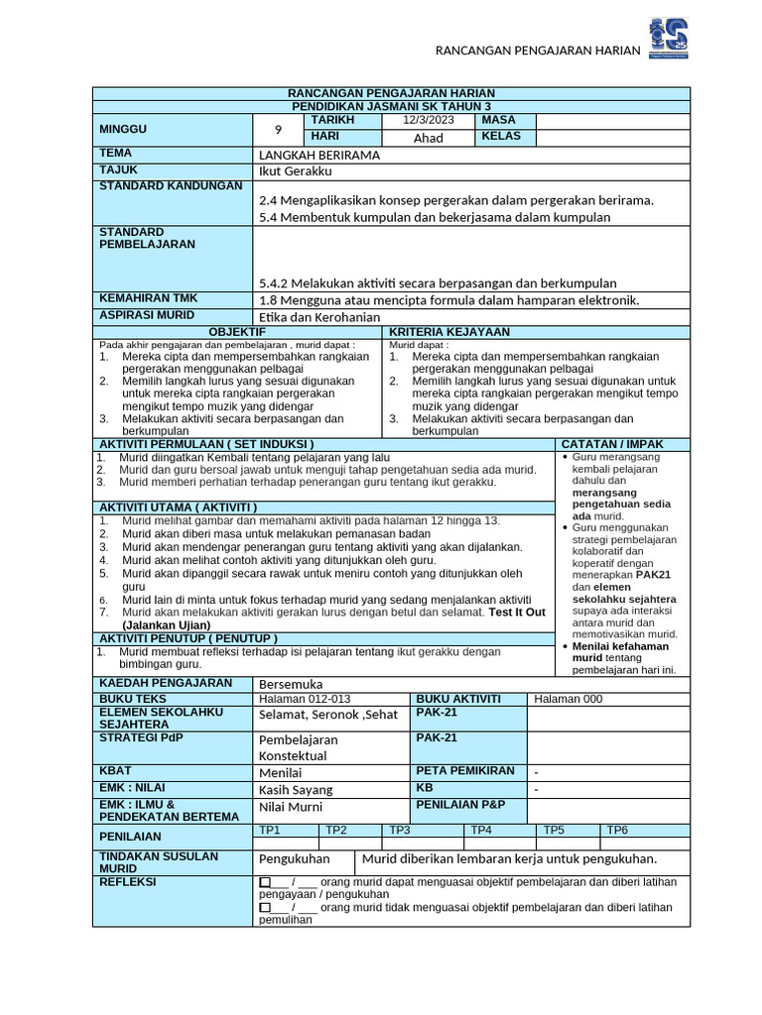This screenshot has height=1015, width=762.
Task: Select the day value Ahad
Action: pos(429,138)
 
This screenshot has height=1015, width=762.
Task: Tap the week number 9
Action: pos(278,129)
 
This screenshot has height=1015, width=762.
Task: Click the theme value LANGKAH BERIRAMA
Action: pos(319,156)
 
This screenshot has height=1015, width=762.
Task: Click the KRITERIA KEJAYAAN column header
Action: pos(449,332)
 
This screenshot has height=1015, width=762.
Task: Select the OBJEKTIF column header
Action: pos(237,332)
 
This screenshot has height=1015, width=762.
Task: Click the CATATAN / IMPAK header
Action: pos(612,444)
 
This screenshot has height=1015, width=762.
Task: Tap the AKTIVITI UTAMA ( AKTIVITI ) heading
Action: pos(180,507)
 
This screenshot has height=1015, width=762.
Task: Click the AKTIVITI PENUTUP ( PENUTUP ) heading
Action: pos(188,638)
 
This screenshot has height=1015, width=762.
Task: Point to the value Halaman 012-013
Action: pos(305,699)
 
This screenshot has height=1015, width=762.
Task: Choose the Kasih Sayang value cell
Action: pos(296,790)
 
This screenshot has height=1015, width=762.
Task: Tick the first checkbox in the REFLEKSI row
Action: pos(264,881)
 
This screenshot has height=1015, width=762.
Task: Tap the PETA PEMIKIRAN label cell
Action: pos(465,770)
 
